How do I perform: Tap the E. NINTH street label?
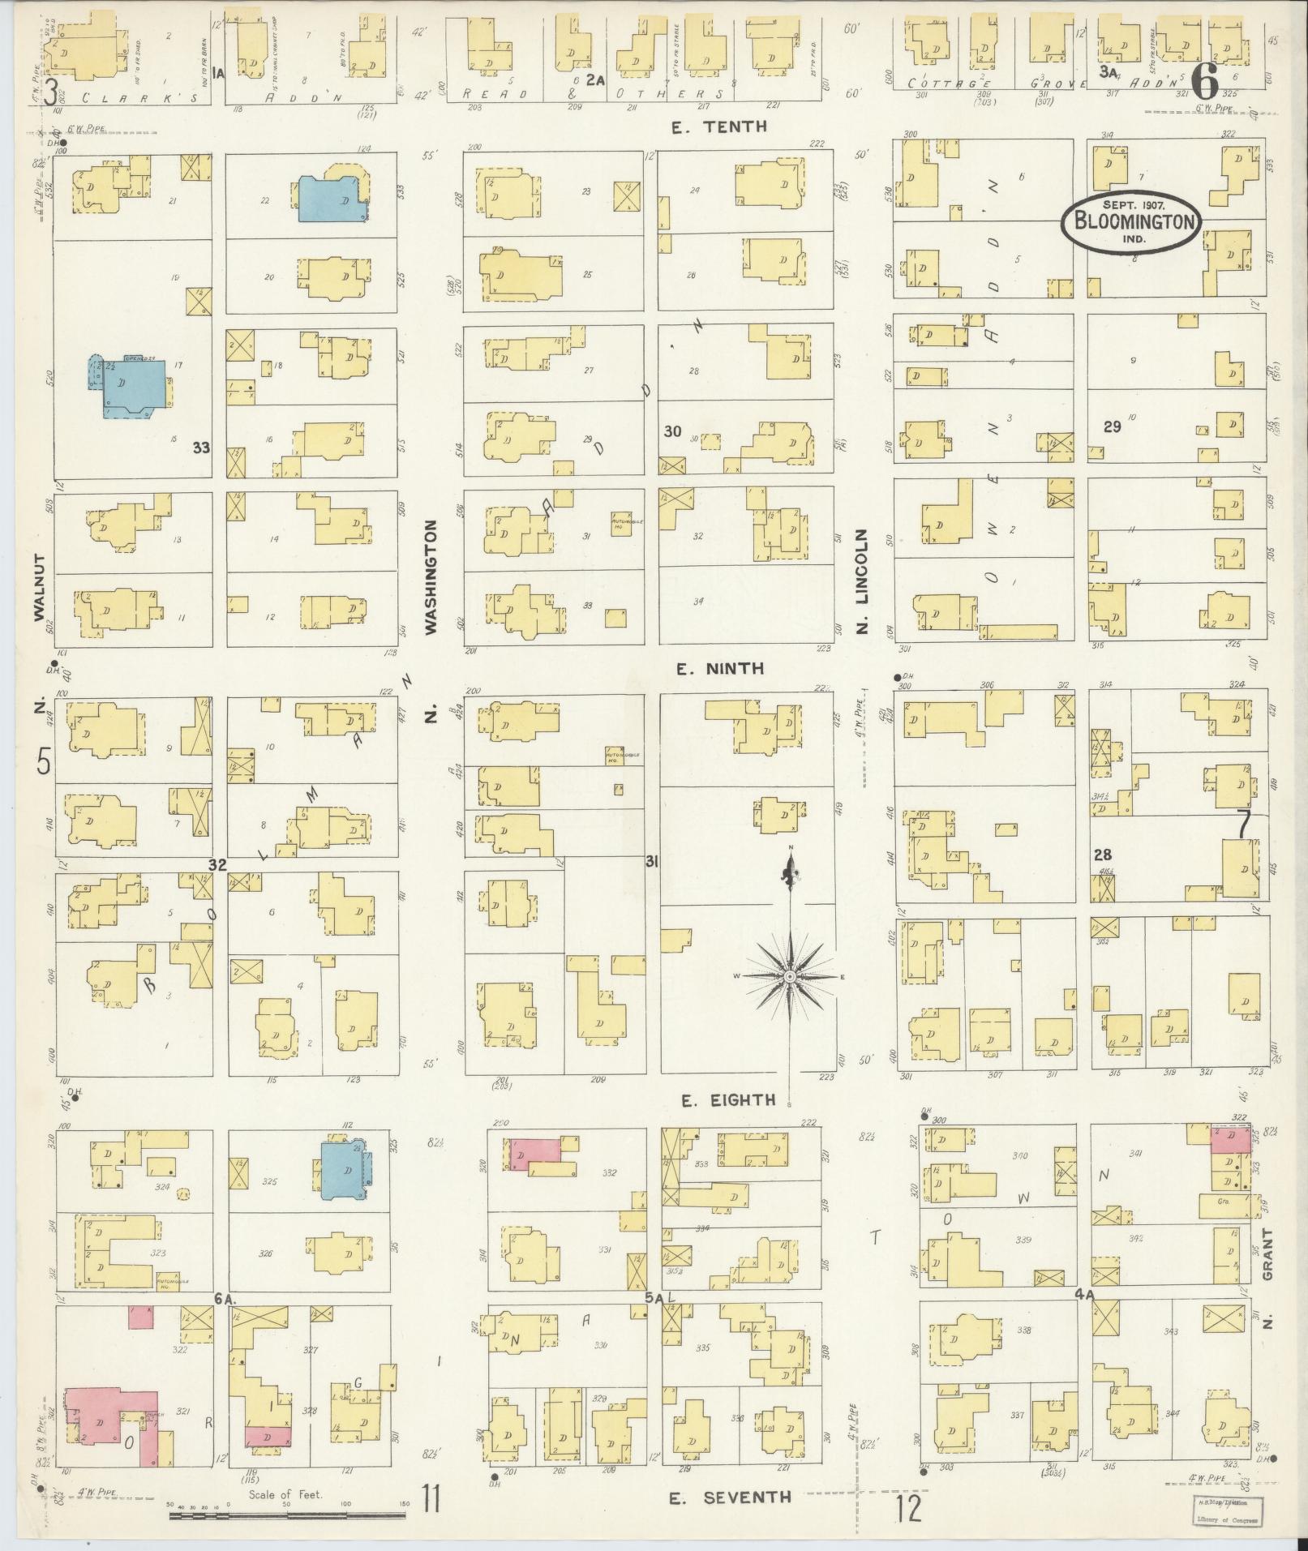click(x=720, y=669)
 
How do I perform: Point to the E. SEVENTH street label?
click(x=730, y=1497)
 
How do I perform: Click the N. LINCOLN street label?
click(x=862, y=581)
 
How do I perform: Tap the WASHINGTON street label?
click(x=431, y=576)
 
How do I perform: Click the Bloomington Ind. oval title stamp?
click(x=1132, y=220)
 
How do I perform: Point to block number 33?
click(x=202, y=447)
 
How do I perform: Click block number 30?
click(x=672, y=431)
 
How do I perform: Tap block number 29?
click(x=1111, y=426)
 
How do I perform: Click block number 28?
click(x=1102, y=855)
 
